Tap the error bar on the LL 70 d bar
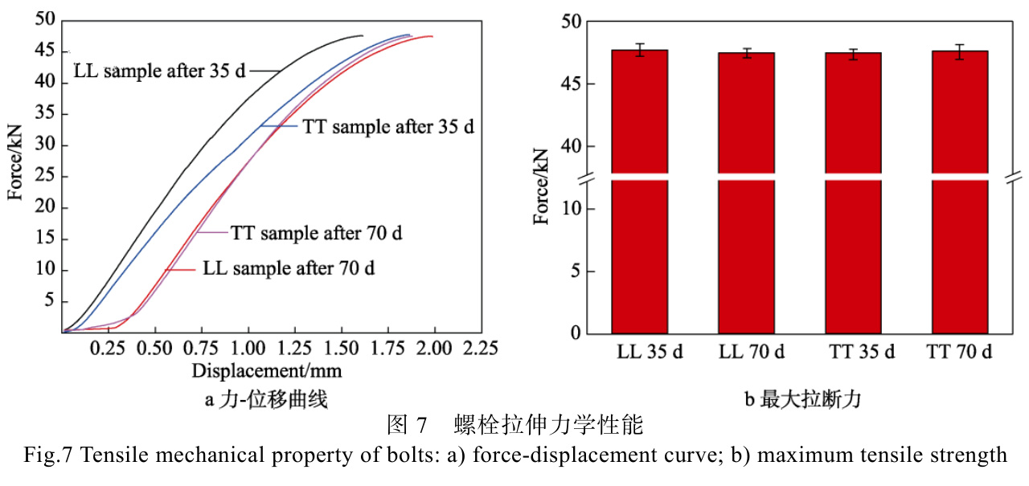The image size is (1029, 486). click(x=746, y=53)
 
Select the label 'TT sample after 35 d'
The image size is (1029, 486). click(x=388, y=127)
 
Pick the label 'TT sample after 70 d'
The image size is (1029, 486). click(x=317, y=234)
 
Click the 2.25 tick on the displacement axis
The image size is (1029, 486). click(x=479, y=349)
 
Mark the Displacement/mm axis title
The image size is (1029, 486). click(x=267, y=371)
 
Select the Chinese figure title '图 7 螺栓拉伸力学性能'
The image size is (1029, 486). click(x=514, y=423)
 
